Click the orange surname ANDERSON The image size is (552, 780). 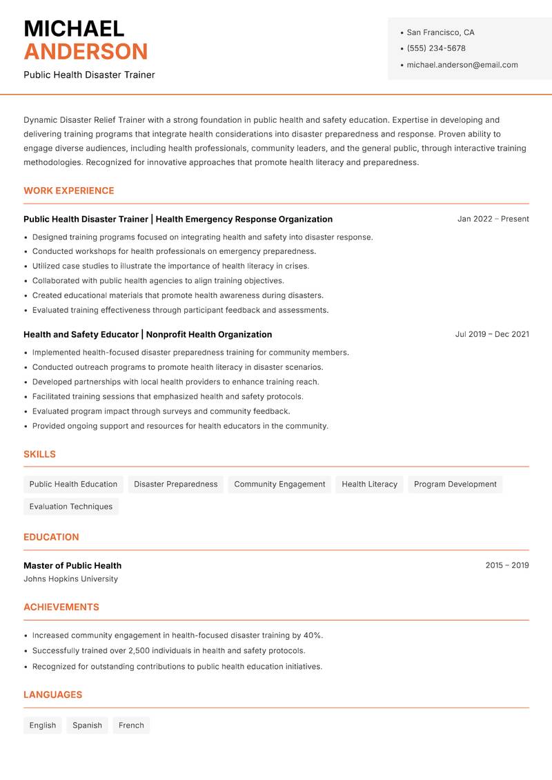pyautogui.click(x=86, y=52)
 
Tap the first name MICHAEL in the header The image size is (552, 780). pyautogui.click(x=74, y=29)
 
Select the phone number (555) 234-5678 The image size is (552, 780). pyautogui.click(x=435, y=48)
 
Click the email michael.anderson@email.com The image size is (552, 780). pyautogui.click(x=462, y=65)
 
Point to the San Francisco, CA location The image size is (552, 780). pyautogui.click(x=440, y=32)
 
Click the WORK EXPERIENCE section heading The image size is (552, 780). pyautogui.click(x=69, y=191)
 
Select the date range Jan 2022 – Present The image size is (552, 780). pyautogui.click(x=493, y=219)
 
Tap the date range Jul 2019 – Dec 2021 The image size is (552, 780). pyautogui.click(x=492, y=334)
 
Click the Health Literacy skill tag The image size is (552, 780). pyautogui.click(x=369, y=485)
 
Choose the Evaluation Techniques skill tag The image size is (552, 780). pyautogui.click(x=71, y=507)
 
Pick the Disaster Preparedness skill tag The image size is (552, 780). pyautogui.click(x=175, y=485)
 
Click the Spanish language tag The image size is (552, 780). pyautogui.click(x=87, y=725)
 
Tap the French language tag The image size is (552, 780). pyautogui.click(x=131, y=725)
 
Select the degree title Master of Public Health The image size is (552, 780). pyautogui.click(x=72, y=565)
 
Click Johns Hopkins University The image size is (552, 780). pyautogui.click(x=70, y=579)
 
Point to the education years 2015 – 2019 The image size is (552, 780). pyautogui.click(x=506, y=565)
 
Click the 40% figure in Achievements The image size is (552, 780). pyautogui.click(x=313, y=636)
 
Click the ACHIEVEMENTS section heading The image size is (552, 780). pyautogui.click(x=61, y=607)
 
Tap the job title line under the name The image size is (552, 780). pyautogui.click(x=89, y=75)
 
